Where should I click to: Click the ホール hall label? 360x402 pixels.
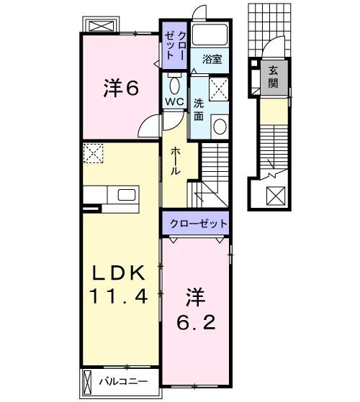[174, 162]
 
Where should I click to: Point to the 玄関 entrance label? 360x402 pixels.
[274, 76]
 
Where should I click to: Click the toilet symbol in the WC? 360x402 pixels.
[174, 81]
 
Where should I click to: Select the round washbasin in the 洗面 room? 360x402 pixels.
[219, 127]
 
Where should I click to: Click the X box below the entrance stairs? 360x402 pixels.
[274, 194]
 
